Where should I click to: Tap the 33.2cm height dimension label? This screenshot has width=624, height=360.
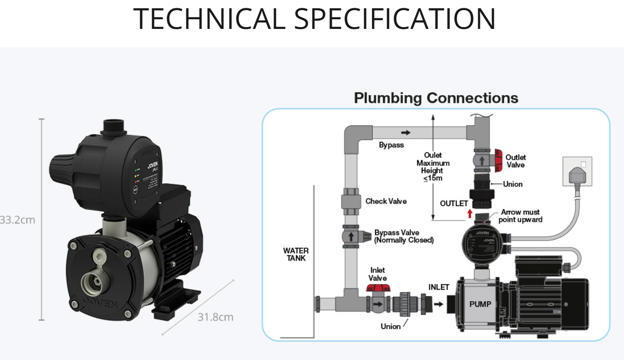17,220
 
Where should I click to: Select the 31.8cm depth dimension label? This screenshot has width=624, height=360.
215,317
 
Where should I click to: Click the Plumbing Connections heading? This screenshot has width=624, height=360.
436,98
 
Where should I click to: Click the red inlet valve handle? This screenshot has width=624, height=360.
378,289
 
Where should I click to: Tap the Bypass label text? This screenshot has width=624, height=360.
391,145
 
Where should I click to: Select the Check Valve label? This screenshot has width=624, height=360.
386,201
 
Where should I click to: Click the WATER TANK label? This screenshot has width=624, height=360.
296,254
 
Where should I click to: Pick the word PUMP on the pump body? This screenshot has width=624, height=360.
480,304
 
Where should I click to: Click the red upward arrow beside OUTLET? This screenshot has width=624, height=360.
469,214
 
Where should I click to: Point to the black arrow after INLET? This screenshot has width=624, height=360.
439,304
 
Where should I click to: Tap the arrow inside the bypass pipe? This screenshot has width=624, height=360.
406,133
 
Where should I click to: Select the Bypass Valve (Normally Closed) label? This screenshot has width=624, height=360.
404,236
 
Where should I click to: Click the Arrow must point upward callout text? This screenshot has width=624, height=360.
520,216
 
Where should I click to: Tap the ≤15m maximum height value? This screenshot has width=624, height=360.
433,178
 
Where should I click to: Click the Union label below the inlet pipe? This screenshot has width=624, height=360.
390,326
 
